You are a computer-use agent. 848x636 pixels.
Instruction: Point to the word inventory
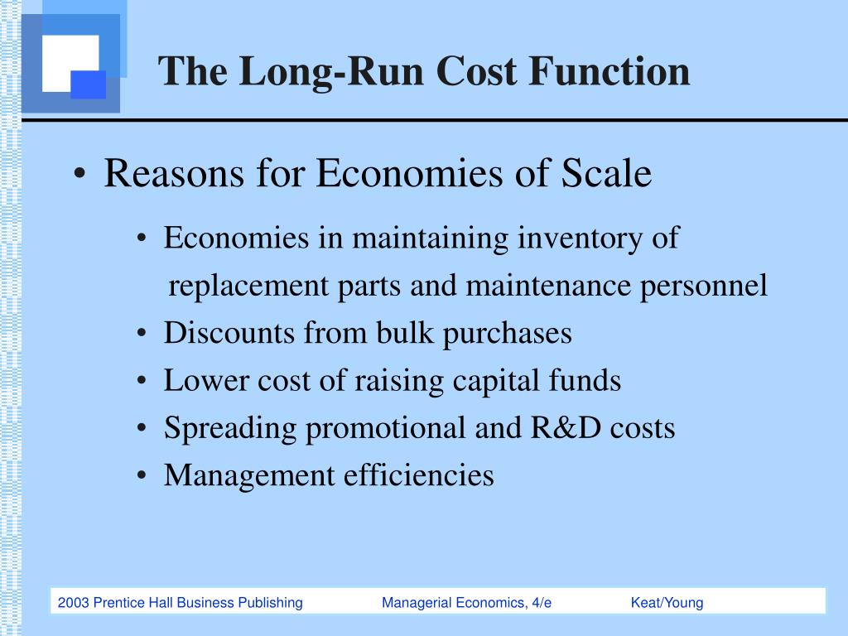tap(577, 238)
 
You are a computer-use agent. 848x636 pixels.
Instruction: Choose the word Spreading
tap(229, 429)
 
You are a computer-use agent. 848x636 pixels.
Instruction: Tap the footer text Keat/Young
tap(667, 603)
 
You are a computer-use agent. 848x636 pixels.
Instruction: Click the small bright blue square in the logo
tap(88, 84)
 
